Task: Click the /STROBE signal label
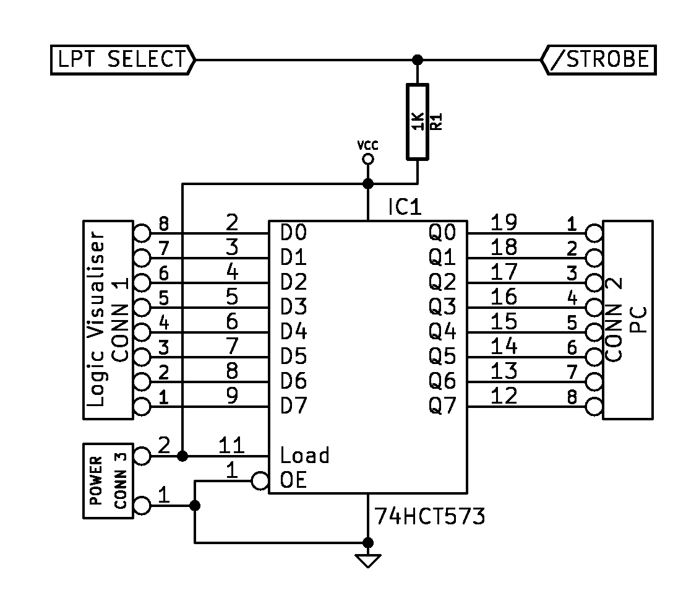(598, 60)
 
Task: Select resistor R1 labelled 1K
(418, 122)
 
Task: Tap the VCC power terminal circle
(368, 158)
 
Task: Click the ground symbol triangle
(368, 560)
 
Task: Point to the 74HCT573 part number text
(429, 516)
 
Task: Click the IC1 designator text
(405, 207)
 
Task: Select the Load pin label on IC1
(304, 456)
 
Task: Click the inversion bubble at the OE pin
(260, 481)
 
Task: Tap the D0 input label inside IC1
(293, 232)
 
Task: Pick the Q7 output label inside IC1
(442, 406)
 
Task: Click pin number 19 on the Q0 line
(504, 222)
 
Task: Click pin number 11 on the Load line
(231, 445)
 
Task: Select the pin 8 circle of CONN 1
(142, 232)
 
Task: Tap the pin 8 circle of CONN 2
(594, 407)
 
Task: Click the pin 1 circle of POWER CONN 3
(142, 506)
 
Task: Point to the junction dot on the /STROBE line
(418, 60)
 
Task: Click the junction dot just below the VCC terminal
(368, 183)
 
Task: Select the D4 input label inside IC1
(293, 332)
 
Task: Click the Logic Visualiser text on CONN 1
(96, 319)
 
